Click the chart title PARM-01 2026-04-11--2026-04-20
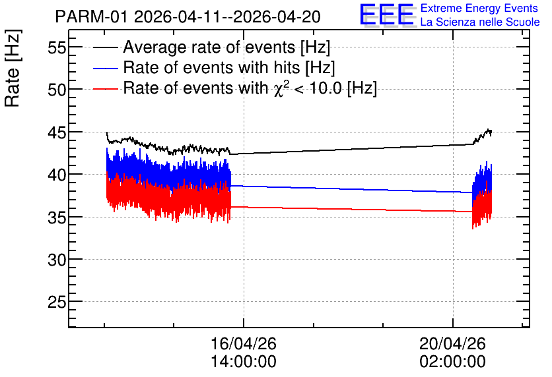188,16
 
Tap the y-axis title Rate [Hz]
13,68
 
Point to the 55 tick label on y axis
57,47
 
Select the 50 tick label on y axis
57,90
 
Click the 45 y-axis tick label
57,132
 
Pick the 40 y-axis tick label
57,175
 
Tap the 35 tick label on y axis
57,217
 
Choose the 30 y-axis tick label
57,260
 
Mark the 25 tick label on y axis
57,302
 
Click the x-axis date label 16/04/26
244,343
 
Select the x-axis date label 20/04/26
453,343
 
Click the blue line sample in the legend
106,68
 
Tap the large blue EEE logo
386,14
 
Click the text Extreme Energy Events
479,8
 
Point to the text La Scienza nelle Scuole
480,22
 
